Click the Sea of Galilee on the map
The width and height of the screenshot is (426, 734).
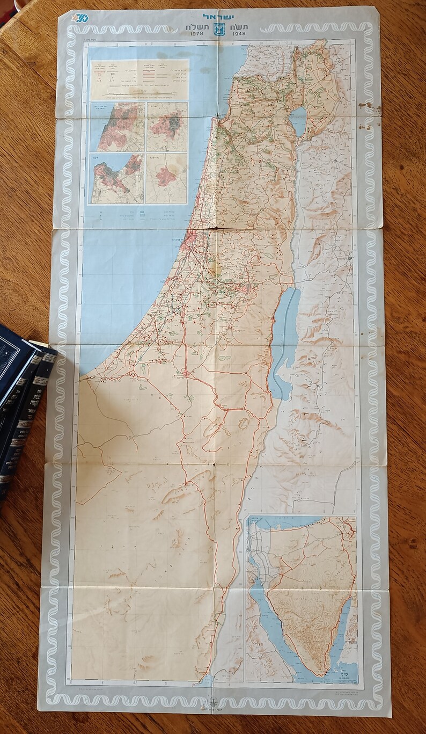pos(298,121)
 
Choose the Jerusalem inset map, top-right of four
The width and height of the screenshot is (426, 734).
pos(166,127)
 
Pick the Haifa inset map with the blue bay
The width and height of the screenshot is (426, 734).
pos(117,178)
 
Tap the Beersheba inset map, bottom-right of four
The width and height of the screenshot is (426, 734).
pos(166,178)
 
